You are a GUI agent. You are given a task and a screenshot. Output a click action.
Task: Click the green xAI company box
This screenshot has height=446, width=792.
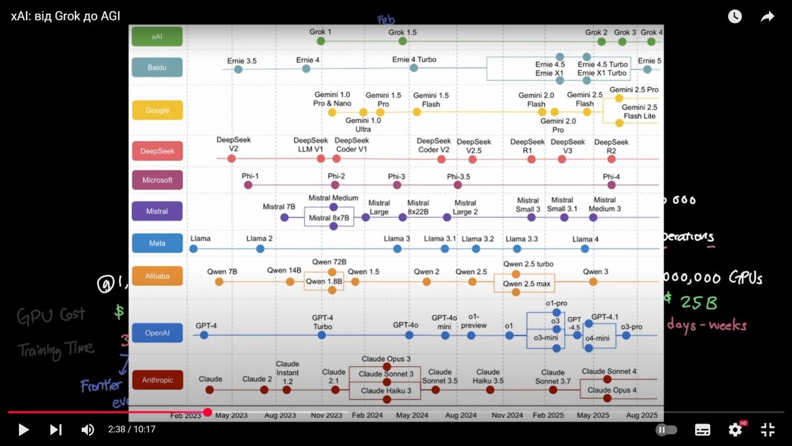pos(156,36)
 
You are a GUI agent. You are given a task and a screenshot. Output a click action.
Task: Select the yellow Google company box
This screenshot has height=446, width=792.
pos(157,110)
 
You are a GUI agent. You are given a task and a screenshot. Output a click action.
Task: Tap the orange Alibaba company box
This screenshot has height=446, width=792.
pos(157,276)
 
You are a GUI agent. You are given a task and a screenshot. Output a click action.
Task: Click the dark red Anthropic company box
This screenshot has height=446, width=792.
pos(157,380)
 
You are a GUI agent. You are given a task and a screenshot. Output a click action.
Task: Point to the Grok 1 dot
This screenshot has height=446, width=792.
pos(321,41)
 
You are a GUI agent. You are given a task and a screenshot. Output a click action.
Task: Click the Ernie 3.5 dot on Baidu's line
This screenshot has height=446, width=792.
pos(238,69)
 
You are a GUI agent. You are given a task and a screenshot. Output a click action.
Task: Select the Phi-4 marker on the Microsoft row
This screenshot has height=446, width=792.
pos(611,186)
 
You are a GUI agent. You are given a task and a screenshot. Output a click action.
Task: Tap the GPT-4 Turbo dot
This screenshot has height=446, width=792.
pos(321,335)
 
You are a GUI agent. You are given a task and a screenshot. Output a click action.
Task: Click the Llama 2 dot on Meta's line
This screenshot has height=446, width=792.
pos(260,248)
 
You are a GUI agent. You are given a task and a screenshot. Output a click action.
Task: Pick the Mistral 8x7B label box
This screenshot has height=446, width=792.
pos(329,217)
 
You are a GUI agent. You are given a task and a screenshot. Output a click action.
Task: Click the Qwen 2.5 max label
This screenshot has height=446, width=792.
pos(527,284)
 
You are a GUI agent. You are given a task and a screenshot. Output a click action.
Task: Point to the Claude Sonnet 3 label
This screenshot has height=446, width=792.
pos(386,374)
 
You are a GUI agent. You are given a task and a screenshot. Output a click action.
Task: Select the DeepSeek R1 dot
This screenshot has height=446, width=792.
pos(531,159)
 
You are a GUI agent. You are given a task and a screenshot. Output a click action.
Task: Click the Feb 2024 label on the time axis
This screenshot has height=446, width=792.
pos(368,416)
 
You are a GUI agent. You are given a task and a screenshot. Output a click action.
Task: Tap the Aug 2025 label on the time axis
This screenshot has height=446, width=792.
pos(642,416)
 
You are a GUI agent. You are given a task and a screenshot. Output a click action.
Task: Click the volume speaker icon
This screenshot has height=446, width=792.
pos(87,429)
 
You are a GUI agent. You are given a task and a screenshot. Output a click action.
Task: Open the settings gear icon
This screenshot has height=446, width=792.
pos(735,429)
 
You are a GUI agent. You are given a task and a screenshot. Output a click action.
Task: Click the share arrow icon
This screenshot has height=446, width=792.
pos(767,17)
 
